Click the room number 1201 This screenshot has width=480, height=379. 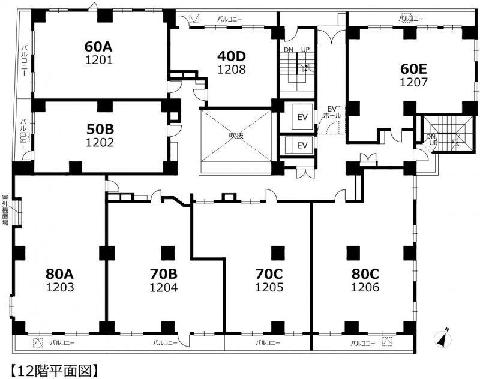tap(99, 60)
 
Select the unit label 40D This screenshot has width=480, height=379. tap(232, 56)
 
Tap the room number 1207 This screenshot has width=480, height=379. tap(413, 82)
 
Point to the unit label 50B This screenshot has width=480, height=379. tap(100, 130)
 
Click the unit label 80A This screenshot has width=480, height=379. tap(59, 274)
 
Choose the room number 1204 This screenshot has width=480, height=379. tap(163, 287)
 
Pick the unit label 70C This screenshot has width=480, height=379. tap(269, 274)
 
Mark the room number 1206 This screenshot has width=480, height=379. tap(365, 287)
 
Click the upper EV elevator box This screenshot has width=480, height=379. tap(302, 116)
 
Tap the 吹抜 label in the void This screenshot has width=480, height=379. tap(236, 135)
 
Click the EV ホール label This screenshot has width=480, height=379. tap(332, 112)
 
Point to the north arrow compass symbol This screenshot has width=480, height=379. tap(443, 338)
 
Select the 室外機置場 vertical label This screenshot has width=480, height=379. tap(5, 210)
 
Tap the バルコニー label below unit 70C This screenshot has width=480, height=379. tap(268, 342)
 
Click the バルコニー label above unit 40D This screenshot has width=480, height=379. tap(230, 19)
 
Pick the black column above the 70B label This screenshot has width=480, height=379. tap(168, 252)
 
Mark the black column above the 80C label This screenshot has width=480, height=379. tap(353, 252)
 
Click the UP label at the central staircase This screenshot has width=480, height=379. tap(305, 50)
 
